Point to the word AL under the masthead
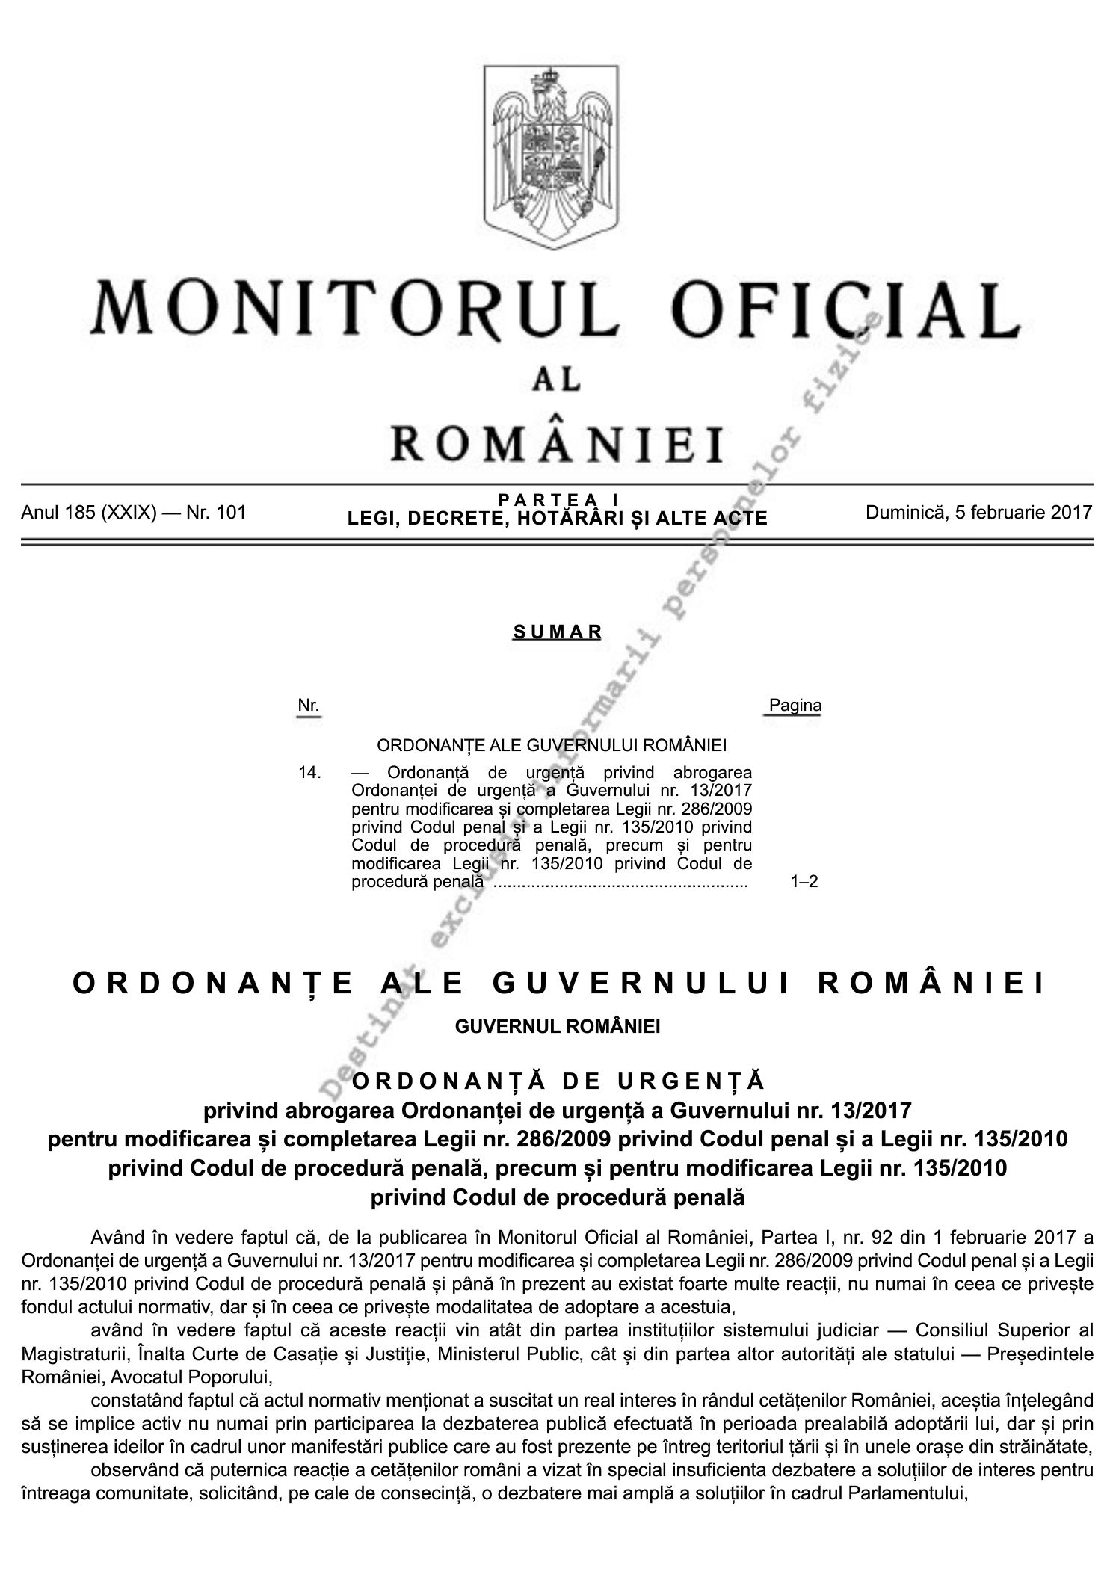(555, 380)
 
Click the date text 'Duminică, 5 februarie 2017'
(978, 513)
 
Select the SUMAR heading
(558, 632)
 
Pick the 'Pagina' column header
(795, 705)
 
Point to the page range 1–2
(804, 882)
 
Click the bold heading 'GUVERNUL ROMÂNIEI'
(558, 1026)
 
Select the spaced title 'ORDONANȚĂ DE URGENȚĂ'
(558, 1081)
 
